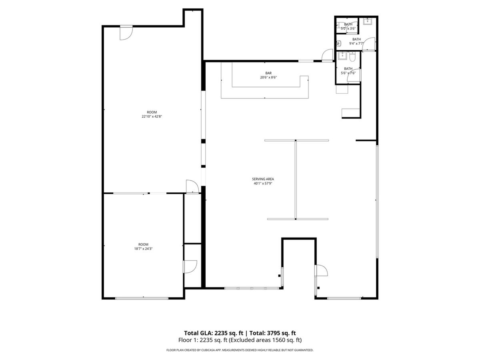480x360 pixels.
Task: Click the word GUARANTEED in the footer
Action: pos(304,350)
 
